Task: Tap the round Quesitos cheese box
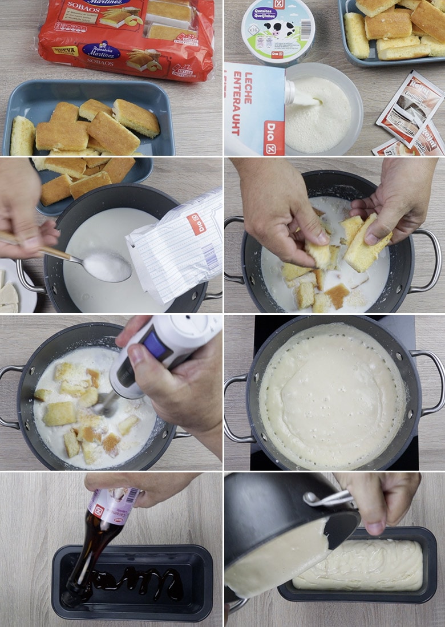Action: click(278, 31)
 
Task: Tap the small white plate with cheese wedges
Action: click(14, 288)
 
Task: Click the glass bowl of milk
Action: click(323, 111)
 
